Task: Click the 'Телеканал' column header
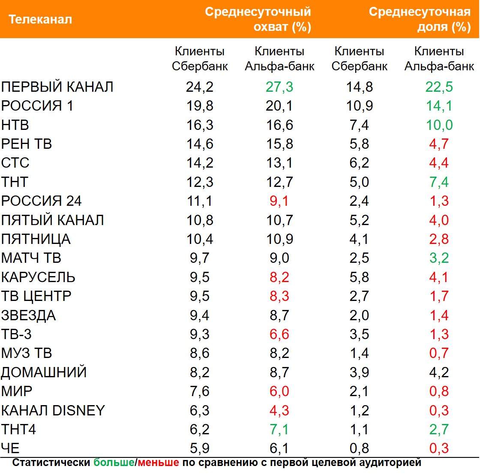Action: click(40, 20)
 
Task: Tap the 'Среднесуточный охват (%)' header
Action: click(258, 20)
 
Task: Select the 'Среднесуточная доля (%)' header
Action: click(420, 20)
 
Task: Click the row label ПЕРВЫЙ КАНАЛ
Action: click(57, 87)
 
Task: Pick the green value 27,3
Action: click(279, 87)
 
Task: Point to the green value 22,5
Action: click(439, 87)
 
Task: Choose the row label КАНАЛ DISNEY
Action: click(53, 410)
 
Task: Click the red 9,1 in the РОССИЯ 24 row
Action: click(279, 201)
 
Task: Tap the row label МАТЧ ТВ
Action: click(31, 258)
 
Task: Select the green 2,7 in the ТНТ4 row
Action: click(439, 429)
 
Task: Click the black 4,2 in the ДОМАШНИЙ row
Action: click(439, 372)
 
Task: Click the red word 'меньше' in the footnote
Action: click(159, 463)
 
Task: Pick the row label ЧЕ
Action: click(10, 448)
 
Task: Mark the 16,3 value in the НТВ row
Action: click(200, 125)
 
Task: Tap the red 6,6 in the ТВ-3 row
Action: click(279, 334)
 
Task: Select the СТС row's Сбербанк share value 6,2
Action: click(359, 163)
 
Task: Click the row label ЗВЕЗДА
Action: click(29, 316)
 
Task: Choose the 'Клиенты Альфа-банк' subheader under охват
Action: click(279, 59)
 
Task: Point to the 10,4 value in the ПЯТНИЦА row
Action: click(200, 239)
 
